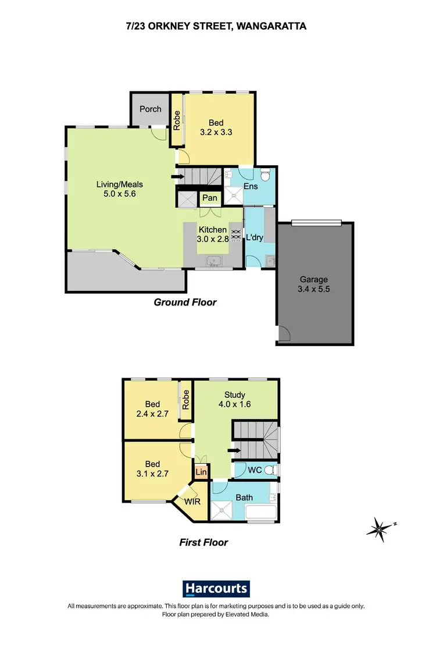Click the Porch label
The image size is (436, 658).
151,109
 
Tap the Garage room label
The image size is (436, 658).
314,279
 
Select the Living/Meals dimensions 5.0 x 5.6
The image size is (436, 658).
120,194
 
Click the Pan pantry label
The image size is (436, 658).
210,198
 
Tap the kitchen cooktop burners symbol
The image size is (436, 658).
236,234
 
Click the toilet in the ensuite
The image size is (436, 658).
266,174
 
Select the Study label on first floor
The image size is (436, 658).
235,395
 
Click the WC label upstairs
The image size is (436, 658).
255,470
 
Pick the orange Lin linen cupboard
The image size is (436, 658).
201,472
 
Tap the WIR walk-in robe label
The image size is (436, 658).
192,501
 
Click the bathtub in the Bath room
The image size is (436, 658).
262,513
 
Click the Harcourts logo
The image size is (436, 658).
217,588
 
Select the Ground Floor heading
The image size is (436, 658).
185,302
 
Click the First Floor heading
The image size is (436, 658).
203,542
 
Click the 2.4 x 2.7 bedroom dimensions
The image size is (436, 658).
152,415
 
